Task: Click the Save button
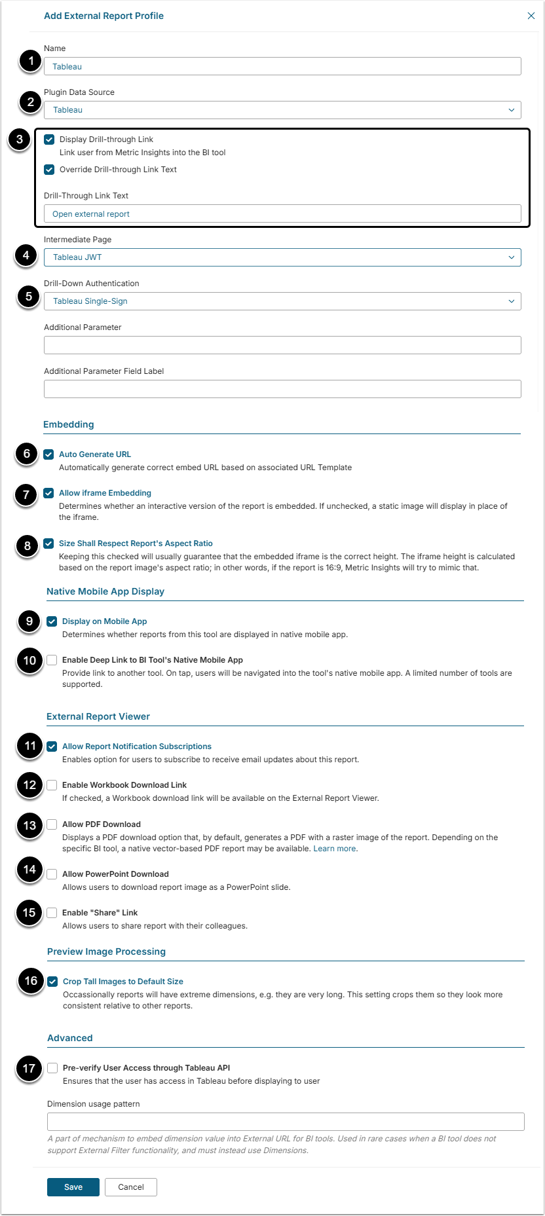(73, 1187)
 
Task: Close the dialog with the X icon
(531, 16)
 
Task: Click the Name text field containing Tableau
(282, 66)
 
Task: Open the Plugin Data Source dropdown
(282, 110)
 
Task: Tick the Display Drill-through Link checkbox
(49, 139)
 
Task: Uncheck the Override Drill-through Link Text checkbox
(49, 170)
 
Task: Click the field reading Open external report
(282, 213)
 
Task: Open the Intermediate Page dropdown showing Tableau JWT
(282, 257)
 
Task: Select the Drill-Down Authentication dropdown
(282, 301)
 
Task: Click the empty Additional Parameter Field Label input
(282, 389)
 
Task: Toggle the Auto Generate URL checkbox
(48, 454)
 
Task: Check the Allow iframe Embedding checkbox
(48, 493)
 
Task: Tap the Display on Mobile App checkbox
(52, 621)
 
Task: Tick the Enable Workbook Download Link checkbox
(52, 785)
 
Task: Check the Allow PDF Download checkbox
(52, 824)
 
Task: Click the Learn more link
(335, 849)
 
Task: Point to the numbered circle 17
(29, 1069)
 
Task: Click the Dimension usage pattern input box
(286, 1121)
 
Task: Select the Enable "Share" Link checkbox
(52, 913)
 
